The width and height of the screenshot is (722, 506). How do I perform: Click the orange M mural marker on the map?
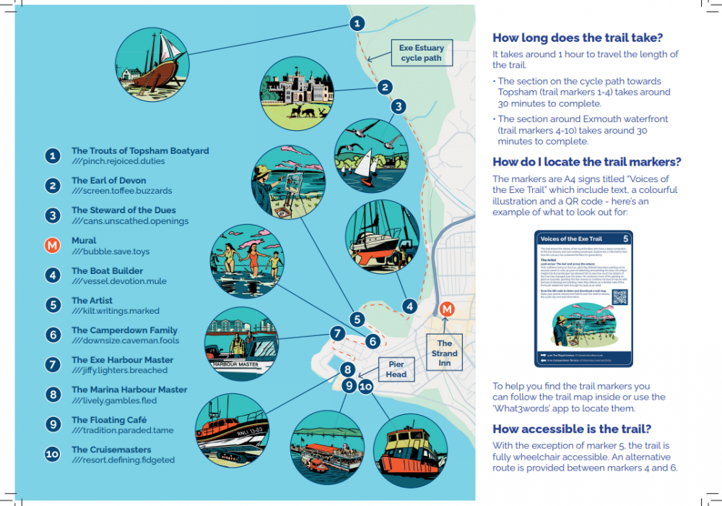click(x=447, y=309)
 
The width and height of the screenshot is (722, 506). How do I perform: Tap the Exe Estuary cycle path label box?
click(x=422, y=53)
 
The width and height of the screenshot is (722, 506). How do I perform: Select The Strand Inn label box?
click(x=445, y=353)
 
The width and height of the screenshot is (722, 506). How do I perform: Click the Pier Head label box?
click(x=396, y=369)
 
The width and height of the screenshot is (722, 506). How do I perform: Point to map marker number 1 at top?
click(x=357, y=23)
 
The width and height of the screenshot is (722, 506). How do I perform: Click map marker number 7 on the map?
click(x=337, y=333)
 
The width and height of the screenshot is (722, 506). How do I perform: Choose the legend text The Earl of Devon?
click(x=108, y=180)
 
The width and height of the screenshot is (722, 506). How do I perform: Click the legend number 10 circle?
click(x=52, y=455)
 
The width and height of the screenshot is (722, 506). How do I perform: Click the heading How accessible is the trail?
click(x=572, y=429)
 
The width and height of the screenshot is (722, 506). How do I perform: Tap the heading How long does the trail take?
click(x=578, y=38)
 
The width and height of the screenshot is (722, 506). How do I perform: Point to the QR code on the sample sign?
click(x=619, y=297)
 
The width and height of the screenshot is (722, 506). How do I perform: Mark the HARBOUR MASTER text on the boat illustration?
click(x=235, y=365)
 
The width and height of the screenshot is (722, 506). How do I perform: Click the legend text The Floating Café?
click(x=109, y=419)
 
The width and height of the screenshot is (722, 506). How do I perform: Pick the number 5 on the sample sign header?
click(x=625, y=238)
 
